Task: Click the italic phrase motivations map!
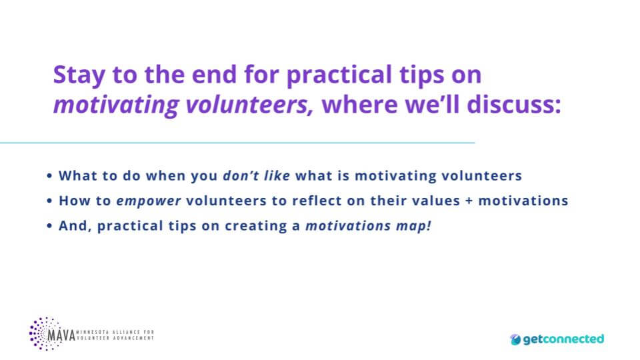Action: coord(368,225)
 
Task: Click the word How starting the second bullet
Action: coord(71,201)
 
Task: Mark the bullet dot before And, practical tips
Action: coord(50,226)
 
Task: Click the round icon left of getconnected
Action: coord(515,339)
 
